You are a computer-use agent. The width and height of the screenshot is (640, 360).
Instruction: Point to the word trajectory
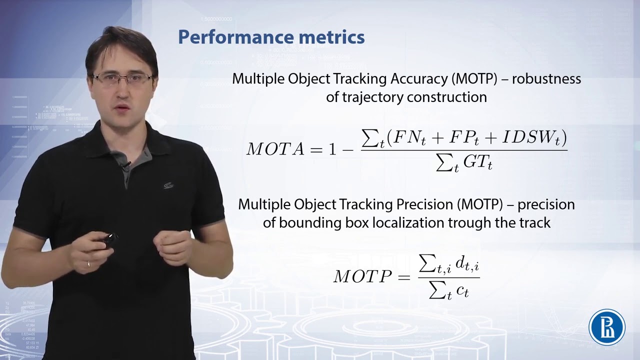(373, 97)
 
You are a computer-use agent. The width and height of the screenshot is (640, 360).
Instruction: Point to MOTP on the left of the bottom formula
(362, 276)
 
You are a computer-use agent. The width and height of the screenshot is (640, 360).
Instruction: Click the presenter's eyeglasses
(123, 78)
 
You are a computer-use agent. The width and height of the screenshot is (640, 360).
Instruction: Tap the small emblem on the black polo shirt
(168, 185)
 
